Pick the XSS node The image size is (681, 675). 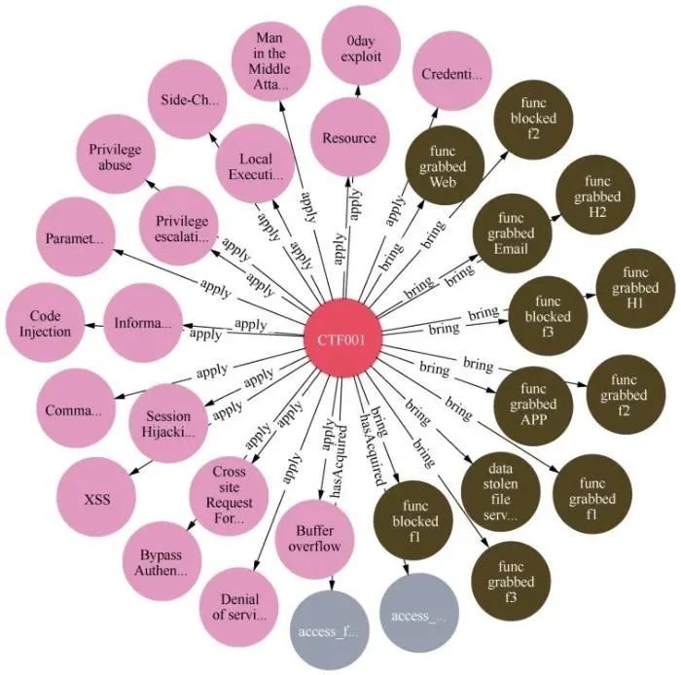click(96, 500)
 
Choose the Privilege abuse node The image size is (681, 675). click(115, 158)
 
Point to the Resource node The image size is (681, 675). click(348, 138)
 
